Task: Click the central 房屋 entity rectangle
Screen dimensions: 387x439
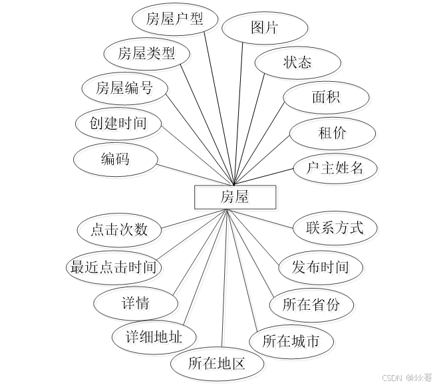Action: (234, 197)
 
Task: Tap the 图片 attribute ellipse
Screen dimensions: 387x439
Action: (265, 28)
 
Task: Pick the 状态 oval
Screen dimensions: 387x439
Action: (297, 63)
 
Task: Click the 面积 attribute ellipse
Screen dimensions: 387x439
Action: (326, 97)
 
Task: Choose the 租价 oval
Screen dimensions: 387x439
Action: (332, 133)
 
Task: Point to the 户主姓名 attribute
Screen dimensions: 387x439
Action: (335, 168)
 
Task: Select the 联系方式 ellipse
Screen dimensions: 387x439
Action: (335, 228)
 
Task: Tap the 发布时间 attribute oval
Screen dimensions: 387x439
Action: (321, 267)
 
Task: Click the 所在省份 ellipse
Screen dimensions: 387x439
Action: (311, 305)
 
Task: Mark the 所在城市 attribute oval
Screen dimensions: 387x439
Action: (291, 342)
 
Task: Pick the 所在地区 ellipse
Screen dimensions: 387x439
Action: (217, 364)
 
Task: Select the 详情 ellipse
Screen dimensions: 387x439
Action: (136, 304)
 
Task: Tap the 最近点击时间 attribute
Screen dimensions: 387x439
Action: (114, 267)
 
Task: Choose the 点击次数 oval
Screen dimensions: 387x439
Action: (119, 230)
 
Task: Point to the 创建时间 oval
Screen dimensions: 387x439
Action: (119, 123)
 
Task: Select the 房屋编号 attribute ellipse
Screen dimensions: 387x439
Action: (124, 88)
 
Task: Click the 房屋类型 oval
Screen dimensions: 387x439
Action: (146, 53)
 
